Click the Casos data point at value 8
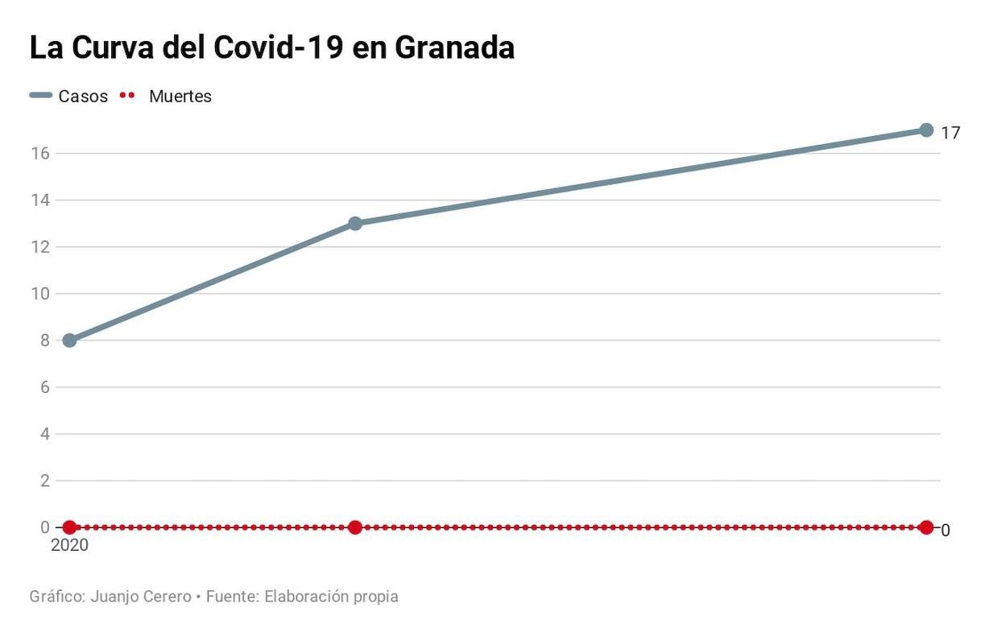(69, 341)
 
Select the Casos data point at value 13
(355, 223)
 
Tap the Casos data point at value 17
(926, 130)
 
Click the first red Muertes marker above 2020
(69, 527)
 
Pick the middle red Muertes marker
(355, 527)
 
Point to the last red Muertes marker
(926, 527)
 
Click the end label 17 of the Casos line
(950, 133)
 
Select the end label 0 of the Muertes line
(945, 530)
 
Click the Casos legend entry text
(83, 97)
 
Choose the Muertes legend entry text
(180, 97)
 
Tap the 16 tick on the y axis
(41, 153)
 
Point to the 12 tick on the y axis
(41, 247)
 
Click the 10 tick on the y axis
(41, 294)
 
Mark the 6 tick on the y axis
(45, 387)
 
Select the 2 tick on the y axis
(45, 481)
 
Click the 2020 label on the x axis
(69, 545)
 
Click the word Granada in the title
(454, 48)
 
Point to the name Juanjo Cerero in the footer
(142, 597)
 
